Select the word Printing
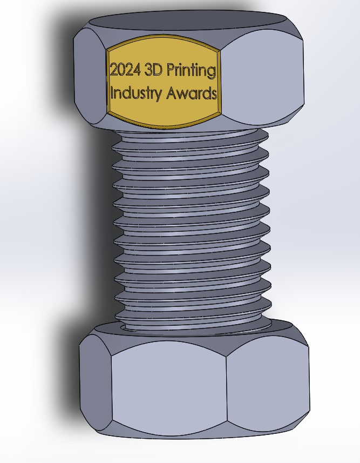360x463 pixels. pyautogui.click(x=192, y=70)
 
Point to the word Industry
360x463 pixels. pyautogui.click(x=135, y=93)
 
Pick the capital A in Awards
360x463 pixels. pyautogui.click(x=171, y=93)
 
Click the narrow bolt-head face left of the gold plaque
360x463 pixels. pyautogui.click(x=89, y=76)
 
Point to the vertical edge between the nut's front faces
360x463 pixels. pyautogui.click(x=226, y=386)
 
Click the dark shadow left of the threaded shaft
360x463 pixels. pyautogui.click(x=97, y=227)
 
